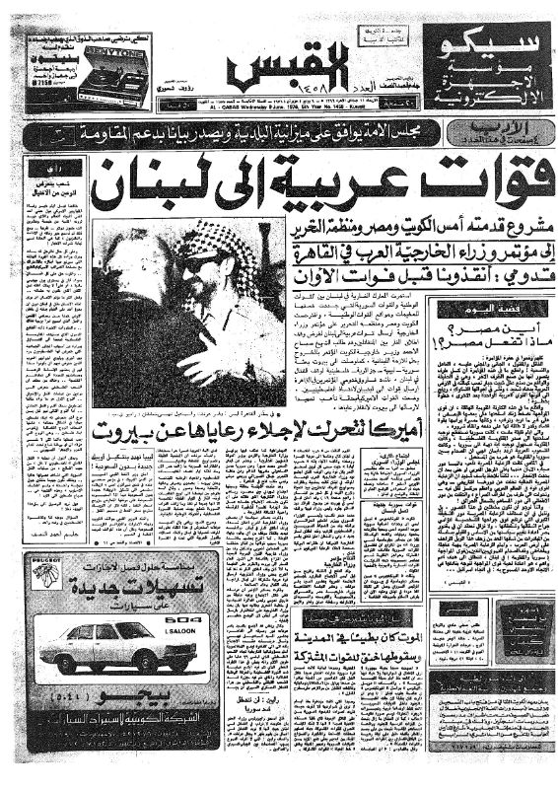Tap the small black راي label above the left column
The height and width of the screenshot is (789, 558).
(x=49, y=168)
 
